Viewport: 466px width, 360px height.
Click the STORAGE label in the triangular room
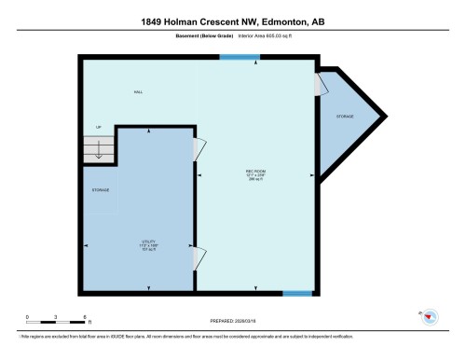[x=345, y=116]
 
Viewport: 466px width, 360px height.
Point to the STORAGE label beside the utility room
[x=100, y=189]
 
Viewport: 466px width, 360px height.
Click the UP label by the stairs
[x=97, y=127]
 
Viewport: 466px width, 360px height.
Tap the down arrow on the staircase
[x=98, y=153]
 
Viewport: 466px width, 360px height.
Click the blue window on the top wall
[x=240, y=58]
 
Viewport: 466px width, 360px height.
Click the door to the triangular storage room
[x=322, y=86]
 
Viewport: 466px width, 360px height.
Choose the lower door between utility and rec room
[x=198, y=257]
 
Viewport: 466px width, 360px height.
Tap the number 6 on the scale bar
[x=85, y=317]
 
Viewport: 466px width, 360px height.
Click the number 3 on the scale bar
[x=56, y=317]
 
